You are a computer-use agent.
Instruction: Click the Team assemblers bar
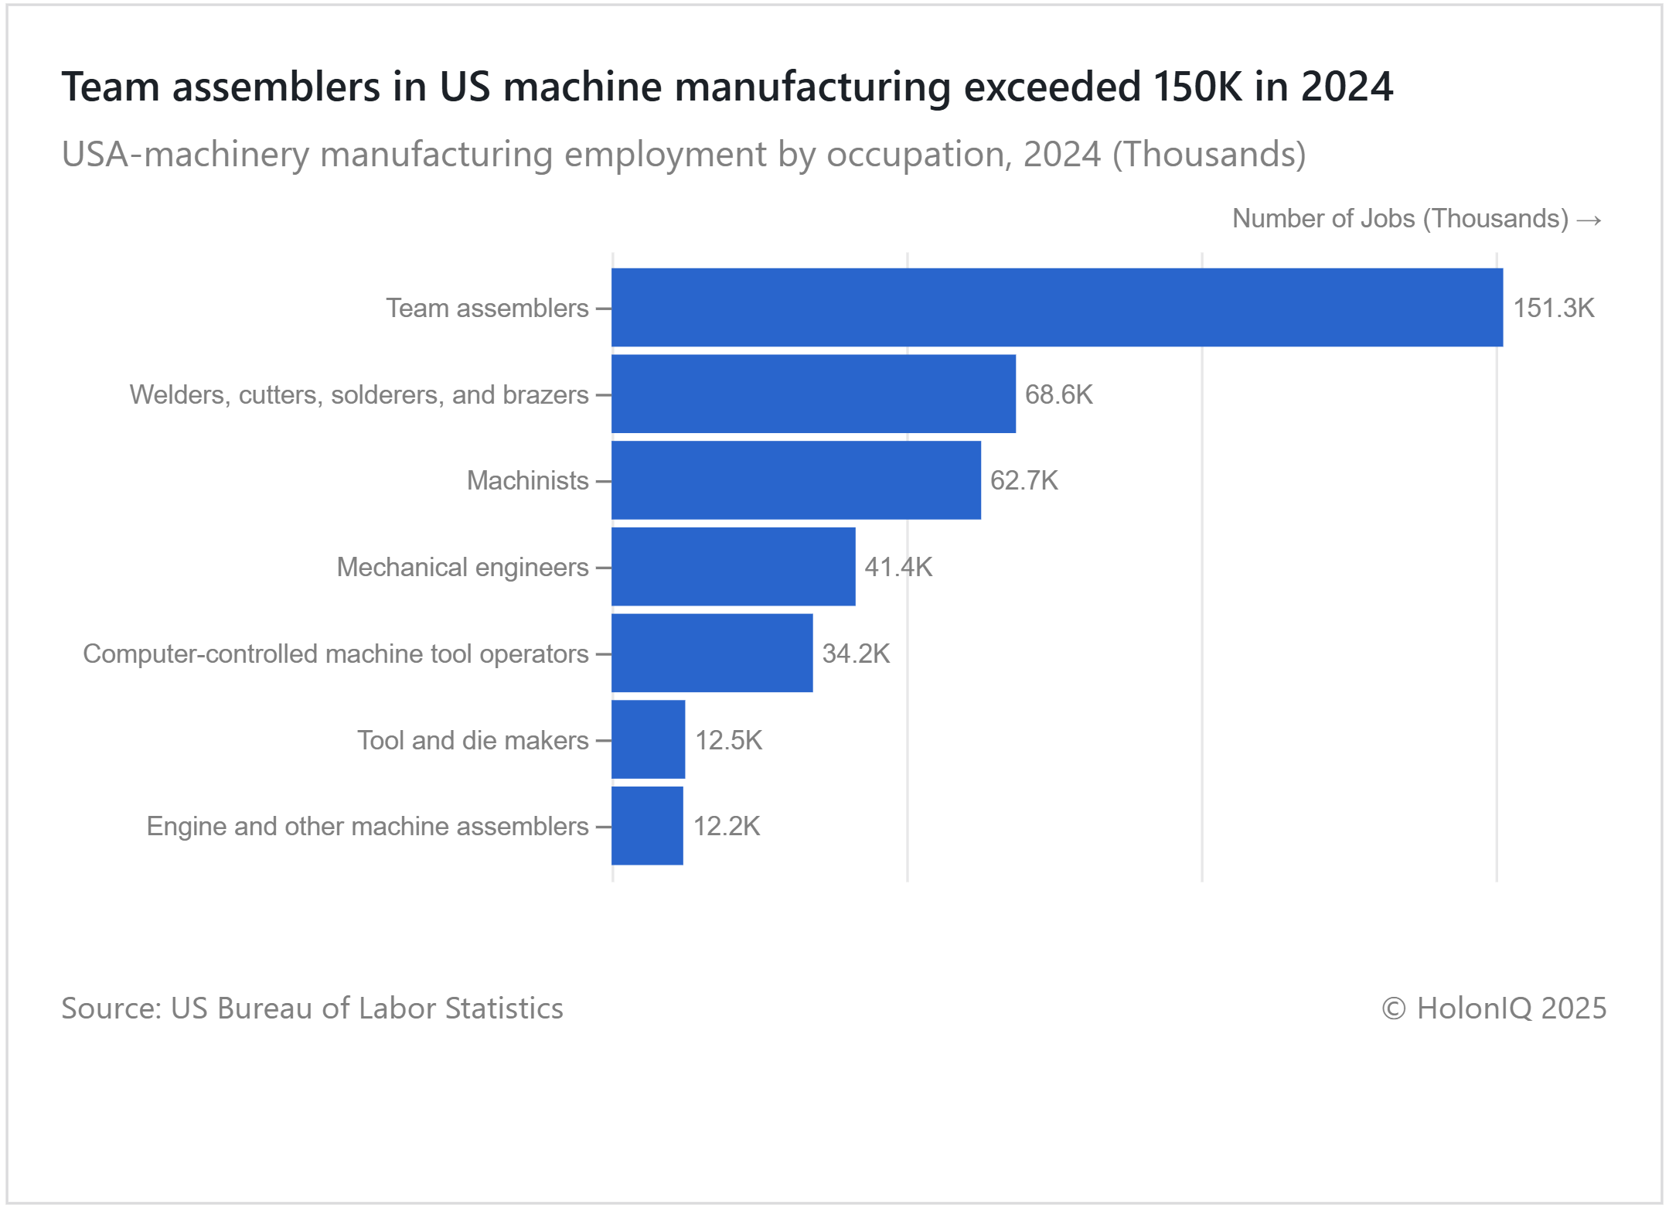(x=1057, y=308)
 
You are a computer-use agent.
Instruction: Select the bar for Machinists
(x=796, y=480)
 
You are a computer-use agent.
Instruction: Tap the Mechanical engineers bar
(x=733, y=567)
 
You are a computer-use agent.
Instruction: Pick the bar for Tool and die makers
(x=648, y=739)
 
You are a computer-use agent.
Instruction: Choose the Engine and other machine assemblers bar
(x=647, y=826)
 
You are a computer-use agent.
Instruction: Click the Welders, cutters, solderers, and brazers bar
(x=813, y=394)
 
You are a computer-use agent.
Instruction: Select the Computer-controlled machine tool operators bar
(x=712, y=653)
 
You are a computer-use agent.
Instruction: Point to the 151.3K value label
(x=1553, y=309)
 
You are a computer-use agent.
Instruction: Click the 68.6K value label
(x=1058, y=394)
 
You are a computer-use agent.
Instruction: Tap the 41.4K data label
(x=898, y=567)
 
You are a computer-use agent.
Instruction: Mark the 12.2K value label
(x=727, y=826)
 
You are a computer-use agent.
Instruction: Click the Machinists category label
(x=527, y=481)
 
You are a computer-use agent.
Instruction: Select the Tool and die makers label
(x=472, y=740)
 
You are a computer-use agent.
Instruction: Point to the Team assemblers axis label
(x=487, y=309)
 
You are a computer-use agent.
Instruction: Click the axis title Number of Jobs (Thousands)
(x=1400, y=219)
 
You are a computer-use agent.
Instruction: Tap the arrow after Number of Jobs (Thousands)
(x=1589, y=220)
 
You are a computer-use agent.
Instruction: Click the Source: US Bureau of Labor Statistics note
(x=312, y=1008)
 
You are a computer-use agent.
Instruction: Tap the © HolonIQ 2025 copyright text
(x=1494, y=1008)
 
